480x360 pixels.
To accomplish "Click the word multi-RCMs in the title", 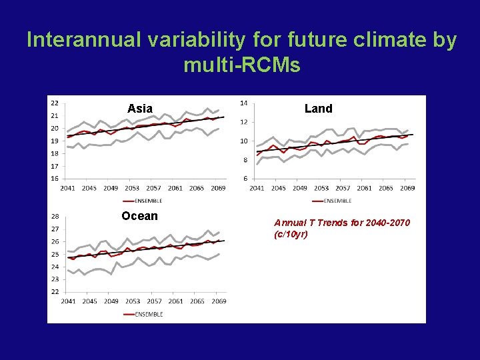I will tap(241, 66).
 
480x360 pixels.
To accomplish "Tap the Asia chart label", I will tap(140, 109).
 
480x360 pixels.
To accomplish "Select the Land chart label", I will tap(318, 109).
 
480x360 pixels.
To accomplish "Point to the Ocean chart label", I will tap(139, 216).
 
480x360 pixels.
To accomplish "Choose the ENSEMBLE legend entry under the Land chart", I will tap(338, 200).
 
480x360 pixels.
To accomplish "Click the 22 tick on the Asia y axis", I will tap(54, 103).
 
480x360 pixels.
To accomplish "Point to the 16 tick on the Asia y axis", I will tap(54, 179).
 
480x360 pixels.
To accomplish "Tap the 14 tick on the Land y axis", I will tap(243, 103).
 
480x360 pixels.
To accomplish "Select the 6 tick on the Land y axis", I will tap(245, 179).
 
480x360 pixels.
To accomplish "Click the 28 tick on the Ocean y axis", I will tap(54, 216).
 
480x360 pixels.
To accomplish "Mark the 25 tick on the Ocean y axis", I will tap(54, 254).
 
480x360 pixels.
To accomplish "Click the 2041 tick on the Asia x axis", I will tap(68, 188).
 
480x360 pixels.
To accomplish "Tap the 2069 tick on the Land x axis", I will tap(407, 188).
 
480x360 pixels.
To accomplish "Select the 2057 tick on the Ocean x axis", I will tap(154, 301).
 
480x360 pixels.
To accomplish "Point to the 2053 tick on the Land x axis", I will tap(321, 188).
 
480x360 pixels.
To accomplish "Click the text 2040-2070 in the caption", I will tap(386, 223).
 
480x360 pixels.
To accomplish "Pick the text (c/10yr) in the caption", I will tap(291, 235).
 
